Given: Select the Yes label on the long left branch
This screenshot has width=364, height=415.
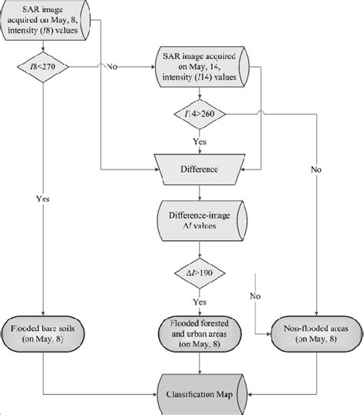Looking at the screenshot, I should pyautogui.click(x=43, y=197).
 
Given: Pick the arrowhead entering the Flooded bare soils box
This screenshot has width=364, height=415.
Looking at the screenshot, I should pyautogui.click(x=44, y=311).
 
